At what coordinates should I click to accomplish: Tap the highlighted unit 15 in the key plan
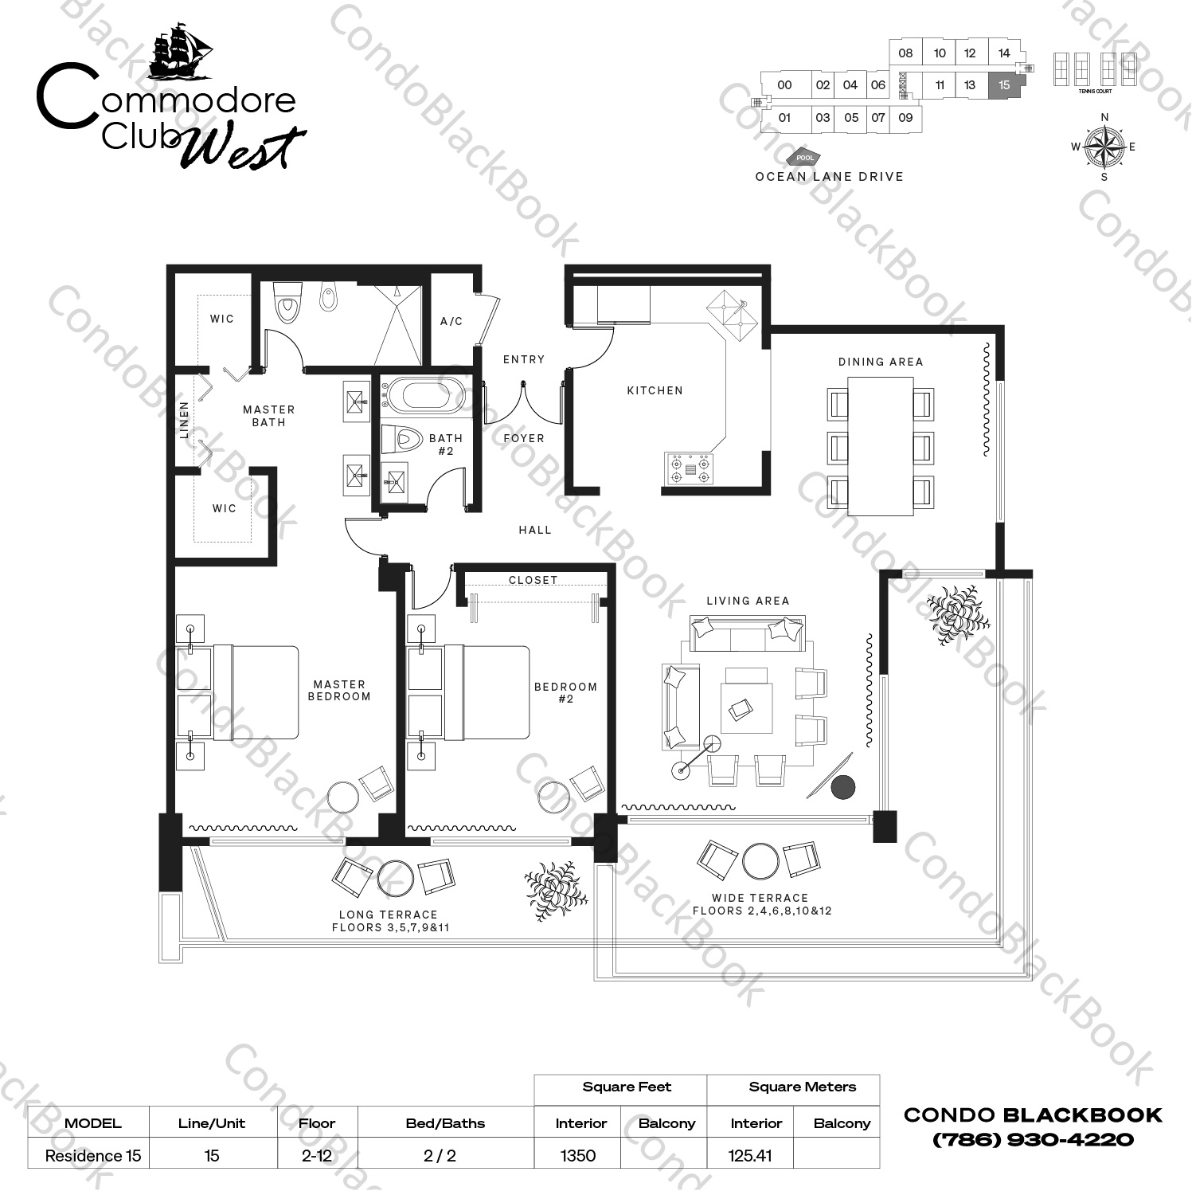coord(1004,85)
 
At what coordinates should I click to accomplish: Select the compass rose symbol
coord(1104,147)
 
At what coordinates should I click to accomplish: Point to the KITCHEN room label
coord(655,390)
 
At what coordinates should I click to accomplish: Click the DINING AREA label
coord(880,362)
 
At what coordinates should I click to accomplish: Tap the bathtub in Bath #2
coord(423,397)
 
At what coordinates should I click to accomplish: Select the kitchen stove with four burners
coord(690,468)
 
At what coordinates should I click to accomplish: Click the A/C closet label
coord(451,321)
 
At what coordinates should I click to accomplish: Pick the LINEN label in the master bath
coord(185,420)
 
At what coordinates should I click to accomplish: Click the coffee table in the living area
coord(746,707)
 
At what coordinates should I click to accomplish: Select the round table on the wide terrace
coord(760,860)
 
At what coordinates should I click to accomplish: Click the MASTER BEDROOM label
coord(339,690)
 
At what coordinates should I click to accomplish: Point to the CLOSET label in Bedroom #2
coord(533,580)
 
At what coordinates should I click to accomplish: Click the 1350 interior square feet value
coord(578,1155)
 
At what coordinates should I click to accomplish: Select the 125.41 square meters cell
coord(750,1155)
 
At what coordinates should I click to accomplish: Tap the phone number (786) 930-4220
coord(1033,1139)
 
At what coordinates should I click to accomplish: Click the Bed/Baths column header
coord(444,1123)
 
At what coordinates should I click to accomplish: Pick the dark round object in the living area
coord(842,787)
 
